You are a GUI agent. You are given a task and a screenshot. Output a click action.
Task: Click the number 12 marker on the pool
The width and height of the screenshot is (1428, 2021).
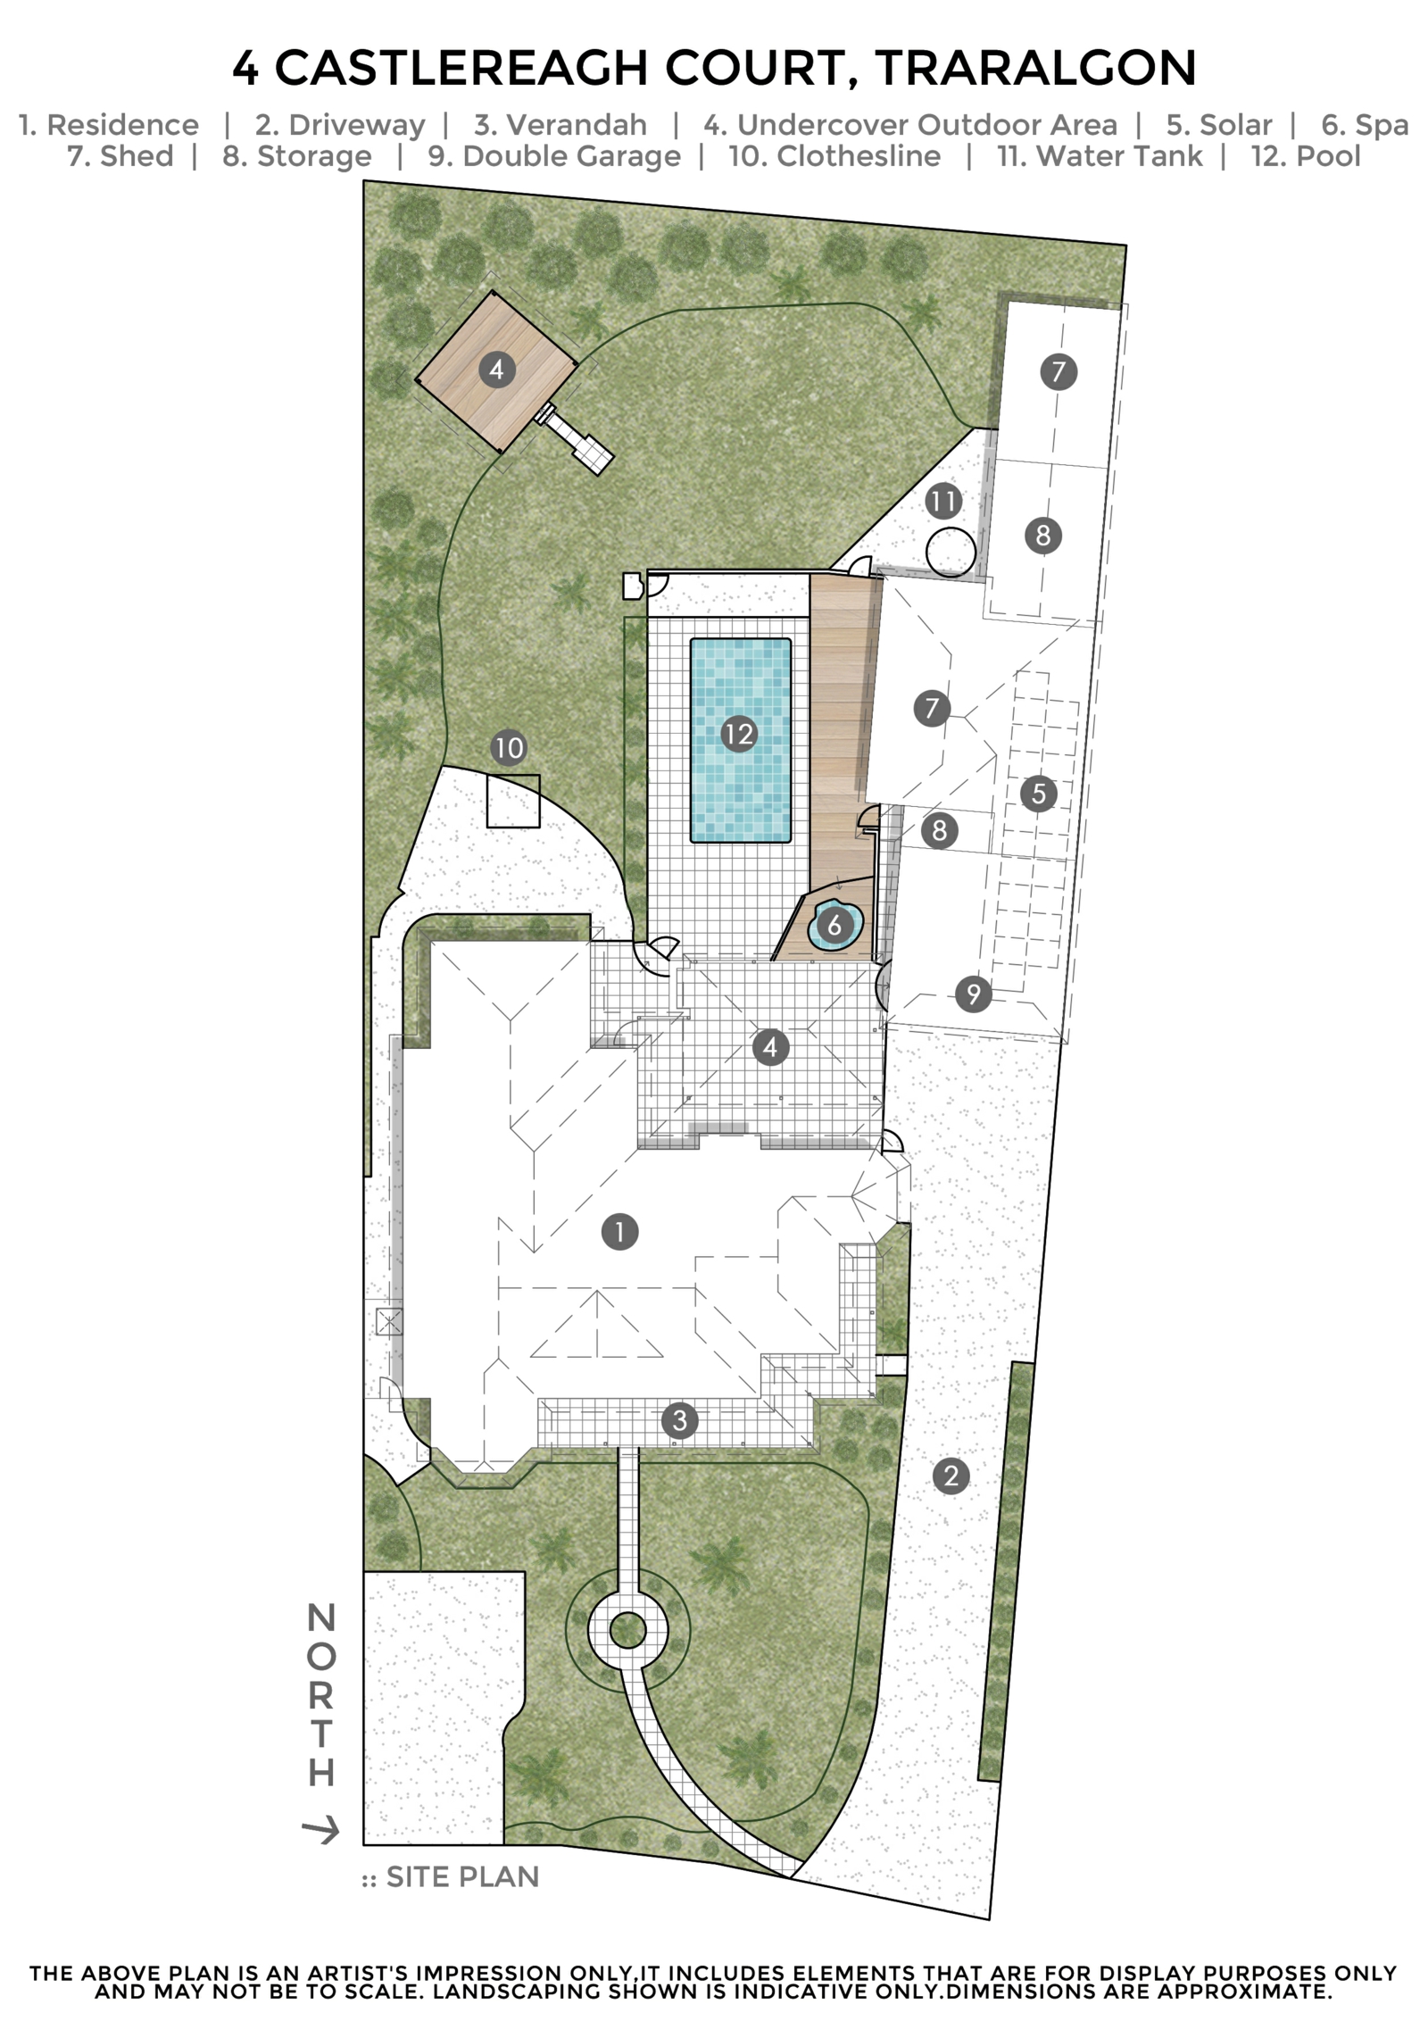coord(739,734)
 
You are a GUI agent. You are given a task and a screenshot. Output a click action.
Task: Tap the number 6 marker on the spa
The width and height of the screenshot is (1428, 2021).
coord(834,924)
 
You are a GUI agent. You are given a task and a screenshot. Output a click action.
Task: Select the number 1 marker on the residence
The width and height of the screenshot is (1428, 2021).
coord(619,1232)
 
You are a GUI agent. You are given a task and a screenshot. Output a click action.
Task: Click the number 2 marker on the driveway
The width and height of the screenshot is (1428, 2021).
coord(951,1476)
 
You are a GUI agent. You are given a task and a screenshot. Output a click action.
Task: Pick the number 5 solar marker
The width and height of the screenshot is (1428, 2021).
coord(1038,793)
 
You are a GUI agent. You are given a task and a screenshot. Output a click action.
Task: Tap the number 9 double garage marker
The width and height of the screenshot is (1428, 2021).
coord(973,994)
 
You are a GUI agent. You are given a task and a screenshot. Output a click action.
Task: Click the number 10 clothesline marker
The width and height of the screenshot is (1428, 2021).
coord(509,747)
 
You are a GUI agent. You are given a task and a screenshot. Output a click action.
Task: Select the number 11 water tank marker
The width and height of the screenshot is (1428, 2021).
coord(943,501)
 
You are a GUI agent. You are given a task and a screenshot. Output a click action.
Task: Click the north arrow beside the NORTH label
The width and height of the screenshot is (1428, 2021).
coord(321,1832)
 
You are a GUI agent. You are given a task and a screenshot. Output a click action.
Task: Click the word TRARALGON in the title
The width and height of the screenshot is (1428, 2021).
coord(1035,69)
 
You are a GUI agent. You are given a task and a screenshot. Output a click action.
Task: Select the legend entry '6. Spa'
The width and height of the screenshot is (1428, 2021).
coord(1365,126)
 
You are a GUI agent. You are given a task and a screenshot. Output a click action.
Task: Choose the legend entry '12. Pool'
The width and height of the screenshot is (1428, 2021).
coord(1305,156)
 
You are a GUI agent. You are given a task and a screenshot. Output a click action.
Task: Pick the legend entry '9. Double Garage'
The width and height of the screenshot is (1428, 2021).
coord(554,156)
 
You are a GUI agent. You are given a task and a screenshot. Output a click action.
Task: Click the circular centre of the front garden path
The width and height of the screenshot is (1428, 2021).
coord(627,1631)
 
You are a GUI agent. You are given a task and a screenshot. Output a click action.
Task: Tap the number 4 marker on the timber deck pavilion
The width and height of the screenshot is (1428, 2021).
coord(497,370)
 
